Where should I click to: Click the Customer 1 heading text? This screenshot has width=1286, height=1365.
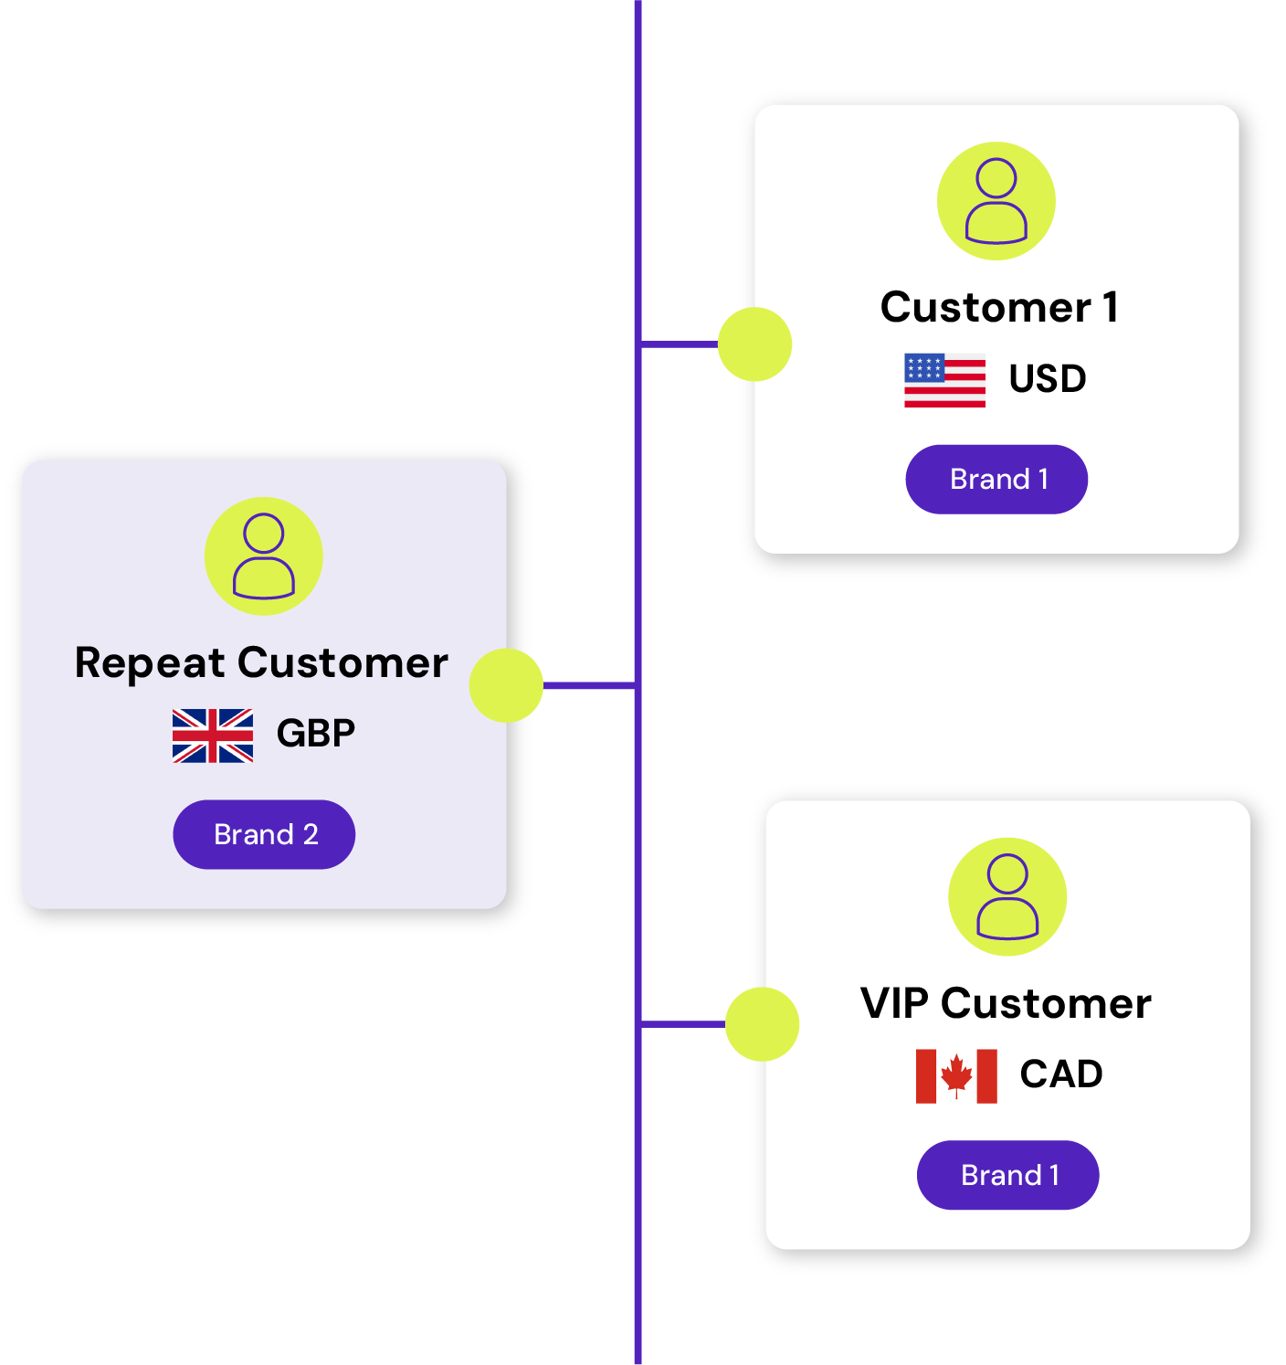click(999, 307)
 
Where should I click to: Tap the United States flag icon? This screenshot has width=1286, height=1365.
click(944, 379)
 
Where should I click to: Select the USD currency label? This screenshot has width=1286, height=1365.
click(1047, 378)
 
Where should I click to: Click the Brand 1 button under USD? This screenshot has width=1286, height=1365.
click(996, 479)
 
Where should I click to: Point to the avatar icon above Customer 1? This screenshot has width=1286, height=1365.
click(996, 201)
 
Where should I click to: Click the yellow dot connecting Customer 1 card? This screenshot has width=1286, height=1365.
click(754, 344)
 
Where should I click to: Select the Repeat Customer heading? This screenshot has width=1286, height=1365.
click(261, 662)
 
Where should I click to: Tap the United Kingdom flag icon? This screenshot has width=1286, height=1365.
click(213, 735)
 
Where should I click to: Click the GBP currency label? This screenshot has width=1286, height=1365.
click(315, 733)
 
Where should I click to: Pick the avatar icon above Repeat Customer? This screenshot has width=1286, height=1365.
click(263, 556)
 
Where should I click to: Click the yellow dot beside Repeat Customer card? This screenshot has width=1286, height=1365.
click(506, 685)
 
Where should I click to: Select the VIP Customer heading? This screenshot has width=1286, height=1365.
click(1006, 1003)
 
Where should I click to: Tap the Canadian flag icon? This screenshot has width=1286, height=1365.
click(956, 1076)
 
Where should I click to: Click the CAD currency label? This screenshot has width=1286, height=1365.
click(1061, 1074)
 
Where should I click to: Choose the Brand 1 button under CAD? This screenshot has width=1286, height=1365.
click(1007, 1175)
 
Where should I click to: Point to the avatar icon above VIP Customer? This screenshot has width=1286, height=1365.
click(1007, 896)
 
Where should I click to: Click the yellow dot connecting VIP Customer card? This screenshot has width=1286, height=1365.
click(762, 1024)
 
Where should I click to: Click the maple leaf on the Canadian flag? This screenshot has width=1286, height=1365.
click(956, 1074)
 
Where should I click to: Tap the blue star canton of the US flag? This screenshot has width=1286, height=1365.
click(923, 367)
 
